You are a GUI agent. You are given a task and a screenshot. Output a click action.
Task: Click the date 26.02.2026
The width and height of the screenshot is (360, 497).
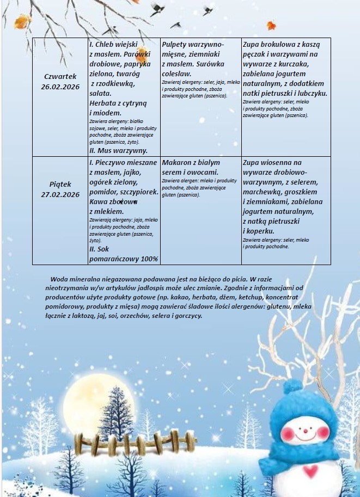pos(60,86)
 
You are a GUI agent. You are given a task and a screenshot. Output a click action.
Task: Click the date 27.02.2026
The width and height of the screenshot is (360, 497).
pos(60,194)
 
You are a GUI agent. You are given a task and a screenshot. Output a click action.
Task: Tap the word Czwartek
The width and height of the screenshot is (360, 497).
pos(60,76)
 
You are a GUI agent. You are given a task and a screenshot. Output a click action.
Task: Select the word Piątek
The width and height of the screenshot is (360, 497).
pos(60,185)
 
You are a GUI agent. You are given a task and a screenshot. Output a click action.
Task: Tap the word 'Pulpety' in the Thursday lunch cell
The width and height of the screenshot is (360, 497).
pos(176,44)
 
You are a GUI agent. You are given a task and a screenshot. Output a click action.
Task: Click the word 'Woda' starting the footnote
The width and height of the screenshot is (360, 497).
pos(58,278)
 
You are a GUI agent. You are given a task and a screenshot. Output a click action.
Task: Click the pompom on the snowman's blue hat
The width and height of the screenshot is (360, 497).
pos(294,385)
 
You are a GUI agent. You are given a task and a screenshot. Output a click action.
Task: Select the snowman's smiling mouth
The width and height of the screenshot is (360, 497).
pos(306,435)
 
